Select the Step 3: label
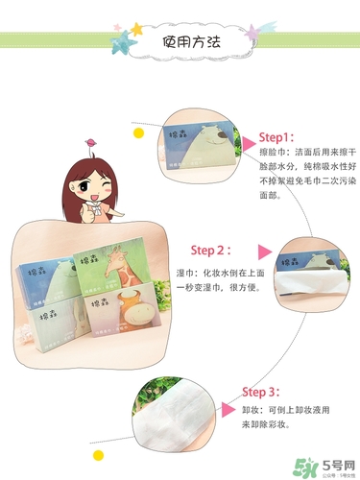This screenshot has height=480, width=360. pos(260,392)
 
